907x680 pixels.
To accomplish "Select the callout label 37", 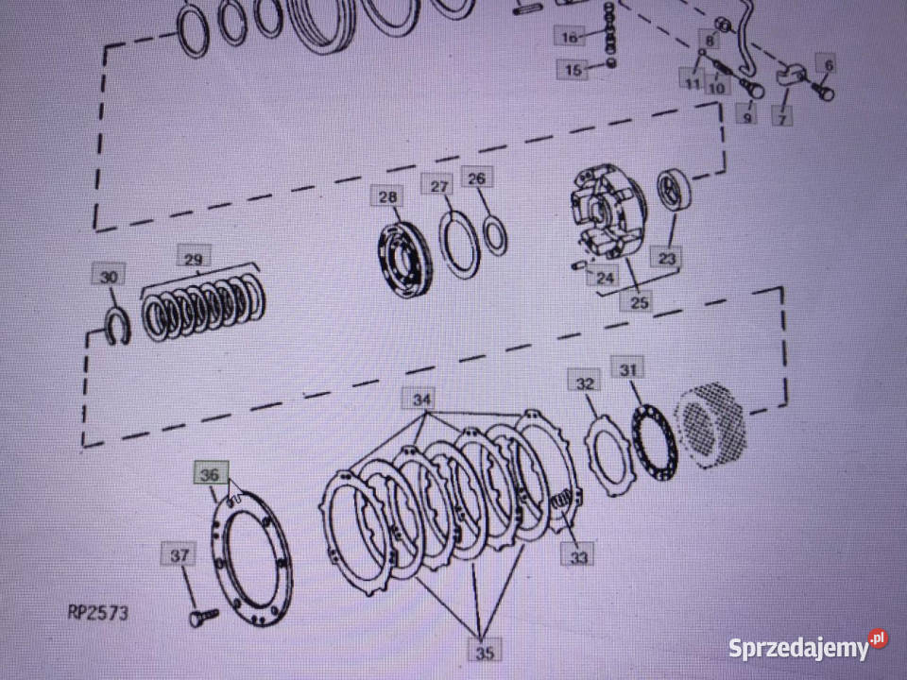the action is [179, 555].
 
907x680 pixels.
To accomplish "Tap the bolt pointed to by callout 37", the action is [204, 617].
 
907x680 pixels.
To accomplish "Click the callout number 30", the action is [108, 276].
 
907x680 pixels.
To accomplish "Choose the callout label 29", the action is [193, 258].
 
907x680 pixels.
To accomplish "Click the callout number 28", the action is [387, 196].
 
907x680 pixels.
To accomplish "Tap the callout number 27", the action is [439, 185].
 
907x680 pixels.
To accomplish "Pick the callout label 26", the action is [477, 178].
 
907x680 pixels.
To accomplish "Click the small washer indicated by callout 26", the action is [494, 235].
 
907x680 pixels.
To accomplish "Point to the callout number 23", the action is [666, 257].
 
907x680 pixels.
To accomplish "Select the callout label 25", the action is [638, 301].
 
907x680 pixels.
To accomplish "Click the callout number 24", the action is [605, 278].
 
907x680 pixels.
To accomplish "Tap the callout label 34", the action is [421, 399].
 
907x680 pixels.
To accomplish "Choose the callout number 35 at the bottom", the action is [484, 652].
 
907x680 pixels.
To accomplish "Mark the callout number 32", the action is [584, 382].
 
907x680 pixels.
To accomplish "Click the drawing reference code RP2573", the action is [97, 613].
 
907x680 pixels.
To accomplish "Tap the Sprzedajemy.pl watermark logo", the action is [808, 645].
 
